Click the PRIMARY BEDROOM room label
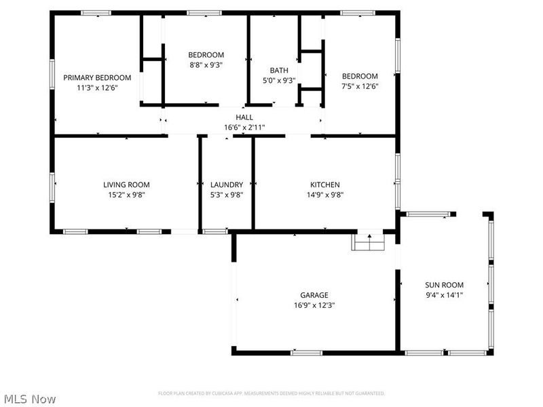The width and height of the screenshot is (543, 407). [x=97, y=78]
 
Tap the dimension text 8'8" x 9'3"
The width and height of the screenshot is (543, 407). [x=206, y=65]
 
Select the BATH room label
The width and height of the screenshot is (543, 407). [x=279, y=71]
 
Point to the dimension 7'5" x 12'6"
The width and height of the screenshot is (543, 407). [x=360, y=86]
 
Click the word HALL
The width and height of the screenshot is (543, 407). [x=244, y=117]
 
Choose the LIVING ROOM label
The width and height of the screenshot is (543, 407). [x=126, y=185]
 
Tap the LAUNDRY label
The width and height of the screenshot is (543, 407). [x=227, y=185]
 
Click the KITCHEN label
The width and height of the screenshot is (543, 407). [x=325, y=185]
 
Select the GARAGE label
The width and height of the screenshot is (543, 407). [x=314, y=295]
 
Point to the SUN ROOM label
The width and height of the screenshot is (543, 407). [x=445, y=285]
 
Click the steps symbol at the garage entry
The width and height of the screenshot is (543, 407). [x=369, y=241]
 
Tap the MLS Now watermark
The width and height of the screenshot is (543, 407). [x=29, y=399]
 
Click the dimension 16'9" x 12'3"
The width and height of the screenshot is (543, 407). [x=314, y=305]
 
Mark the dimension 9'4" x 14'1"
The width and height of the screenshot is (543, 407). [x=445, y=295]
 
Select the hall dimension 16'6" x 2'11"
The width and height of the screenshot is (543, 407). [x=244, y=128]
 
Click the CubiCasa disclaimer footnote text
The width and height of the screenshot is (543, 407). [x=271, y=393]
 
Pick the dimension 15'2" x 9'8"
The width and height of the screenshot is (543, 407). [x=126, y=195]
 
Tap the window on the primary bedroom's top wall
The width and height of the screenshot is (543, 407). [x=96, y=12]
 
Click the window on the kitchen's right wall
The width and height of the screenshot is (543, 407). [x=398, y=170]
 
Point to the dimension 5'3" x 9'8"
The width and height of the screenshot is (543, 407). [x=227, y=195]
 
